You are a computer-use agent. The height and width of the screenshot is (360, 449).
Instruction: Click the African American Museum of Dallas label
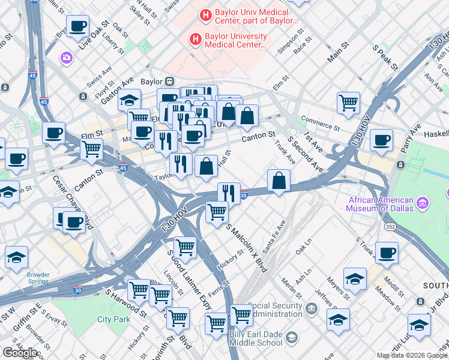379,204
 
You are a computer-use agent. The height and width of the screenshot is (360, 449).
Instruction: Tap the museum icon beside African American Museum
423,204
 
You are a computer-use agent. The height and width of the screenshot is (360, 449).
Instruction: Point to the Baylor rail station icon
170,81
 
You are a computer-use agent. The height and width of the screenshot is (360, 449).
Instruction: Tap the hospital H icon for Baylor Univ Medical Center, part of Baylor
206,14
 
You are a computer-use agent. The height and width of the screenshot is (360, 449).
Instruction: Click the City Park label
114,320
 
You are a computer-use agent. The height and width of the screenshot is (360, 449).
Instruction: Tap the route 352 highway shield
390,227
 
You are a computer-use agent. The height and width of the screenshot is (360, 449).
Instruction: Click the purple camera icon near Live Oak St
66,58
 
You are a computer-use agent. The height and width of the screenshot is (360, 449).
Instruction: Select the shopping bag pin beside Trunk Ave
279,181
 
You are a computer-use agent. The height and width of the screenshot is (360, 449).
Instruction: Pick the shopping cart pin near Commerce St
348,103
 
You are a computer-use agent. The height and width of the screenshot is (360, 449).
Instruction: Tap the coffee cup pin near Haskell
381,141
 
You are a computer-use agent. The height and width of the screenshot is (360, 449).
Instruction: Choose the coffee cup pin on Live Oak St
77,27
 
